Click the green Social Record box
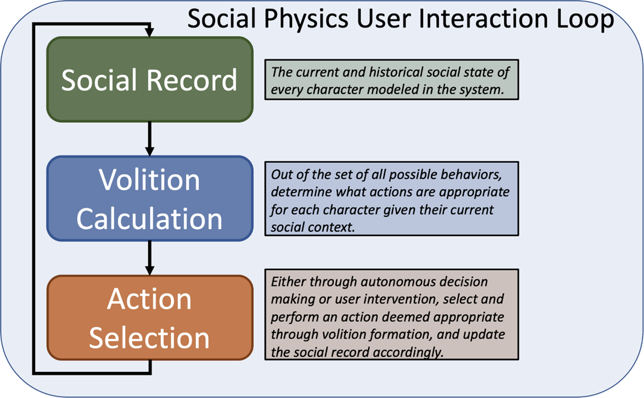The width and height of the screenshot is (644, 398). (150, 79)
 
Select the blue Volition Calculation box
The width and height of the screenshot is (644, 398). (150, 198)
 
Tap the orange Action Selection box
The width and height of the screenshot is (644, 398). (150, 318)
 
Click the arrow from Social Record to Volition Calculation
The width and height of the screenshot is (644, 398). (150, 139)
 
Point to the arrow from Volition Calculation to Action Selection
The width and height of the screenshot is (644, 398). (150, 258)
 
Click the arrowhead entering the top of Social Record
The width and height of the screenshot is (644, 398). (150, 33)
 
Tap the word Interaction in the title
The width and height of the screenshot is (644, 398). (484, 18)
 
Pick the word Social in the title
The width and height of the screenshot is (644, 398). (221, 18)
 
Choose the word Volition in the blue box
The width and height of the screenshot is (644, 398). (149, 180)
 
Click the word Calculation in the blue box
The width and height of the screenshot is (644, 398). (149, 218)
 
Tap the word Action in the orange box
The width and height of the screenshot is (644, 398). (149, 299)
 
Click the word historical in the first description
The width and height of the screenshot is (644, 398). (396, 72)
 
